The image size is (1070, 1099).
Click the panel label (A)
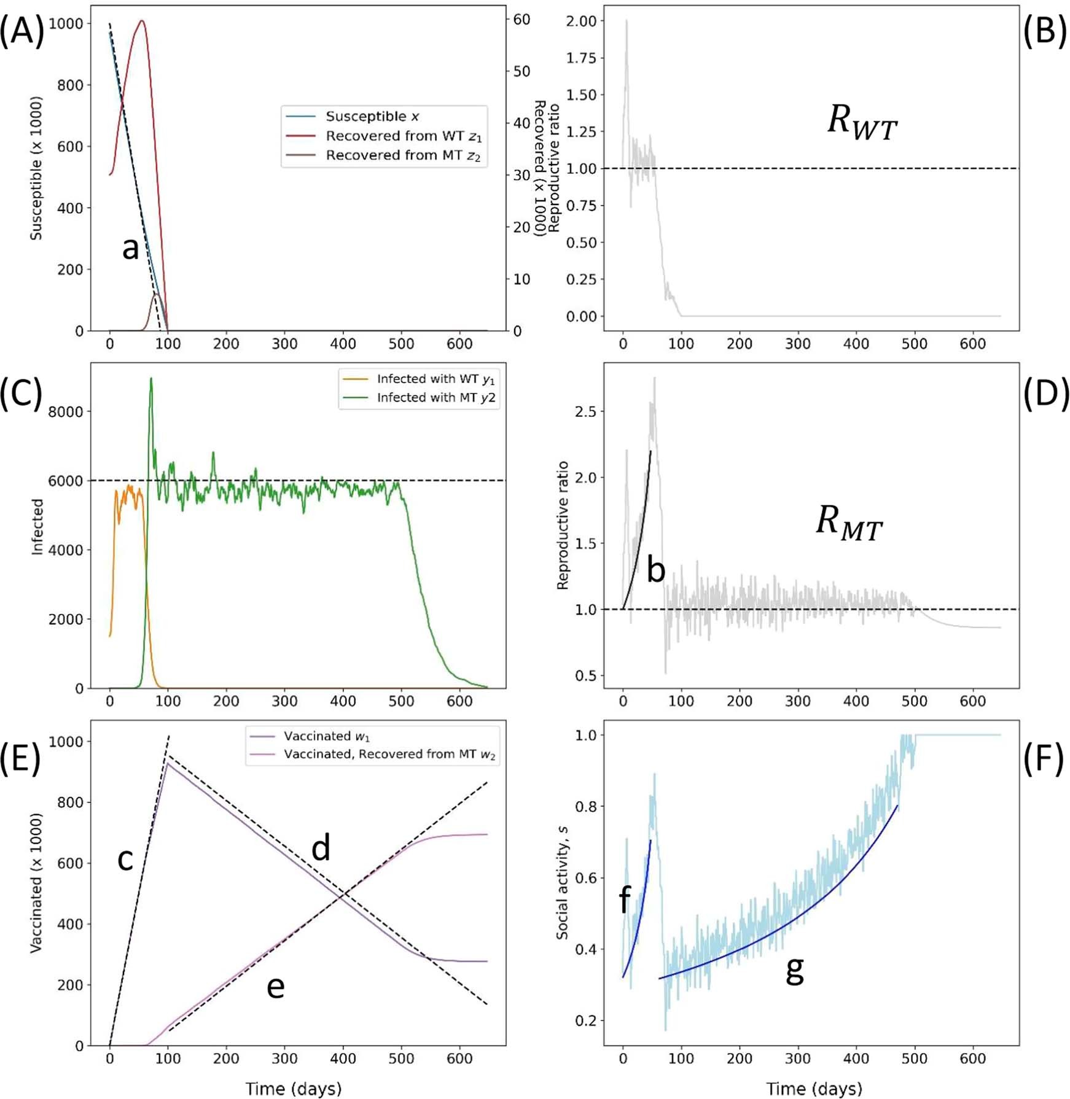coord(22,31)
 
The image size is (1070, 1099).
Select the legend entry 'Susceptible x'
coord(372,117)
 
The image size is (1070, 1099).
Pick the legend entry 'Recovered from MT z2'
coord(402,155)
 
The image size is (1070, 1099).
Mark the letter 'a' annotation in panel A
coord(130,249)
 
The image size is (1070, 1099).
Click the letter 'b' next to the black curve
coord(656,570)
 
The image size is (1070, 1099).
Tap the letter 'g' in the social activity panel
coord(795,970)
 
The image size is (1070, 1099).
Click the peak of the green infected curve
coord(151,379)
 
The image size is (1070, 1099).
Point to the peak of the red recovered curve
coord(142,21)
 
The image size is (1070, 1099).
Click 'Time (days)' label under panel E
coord(294,1089)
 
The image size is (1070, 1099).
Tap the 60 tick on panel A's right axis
coord(521,20)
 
